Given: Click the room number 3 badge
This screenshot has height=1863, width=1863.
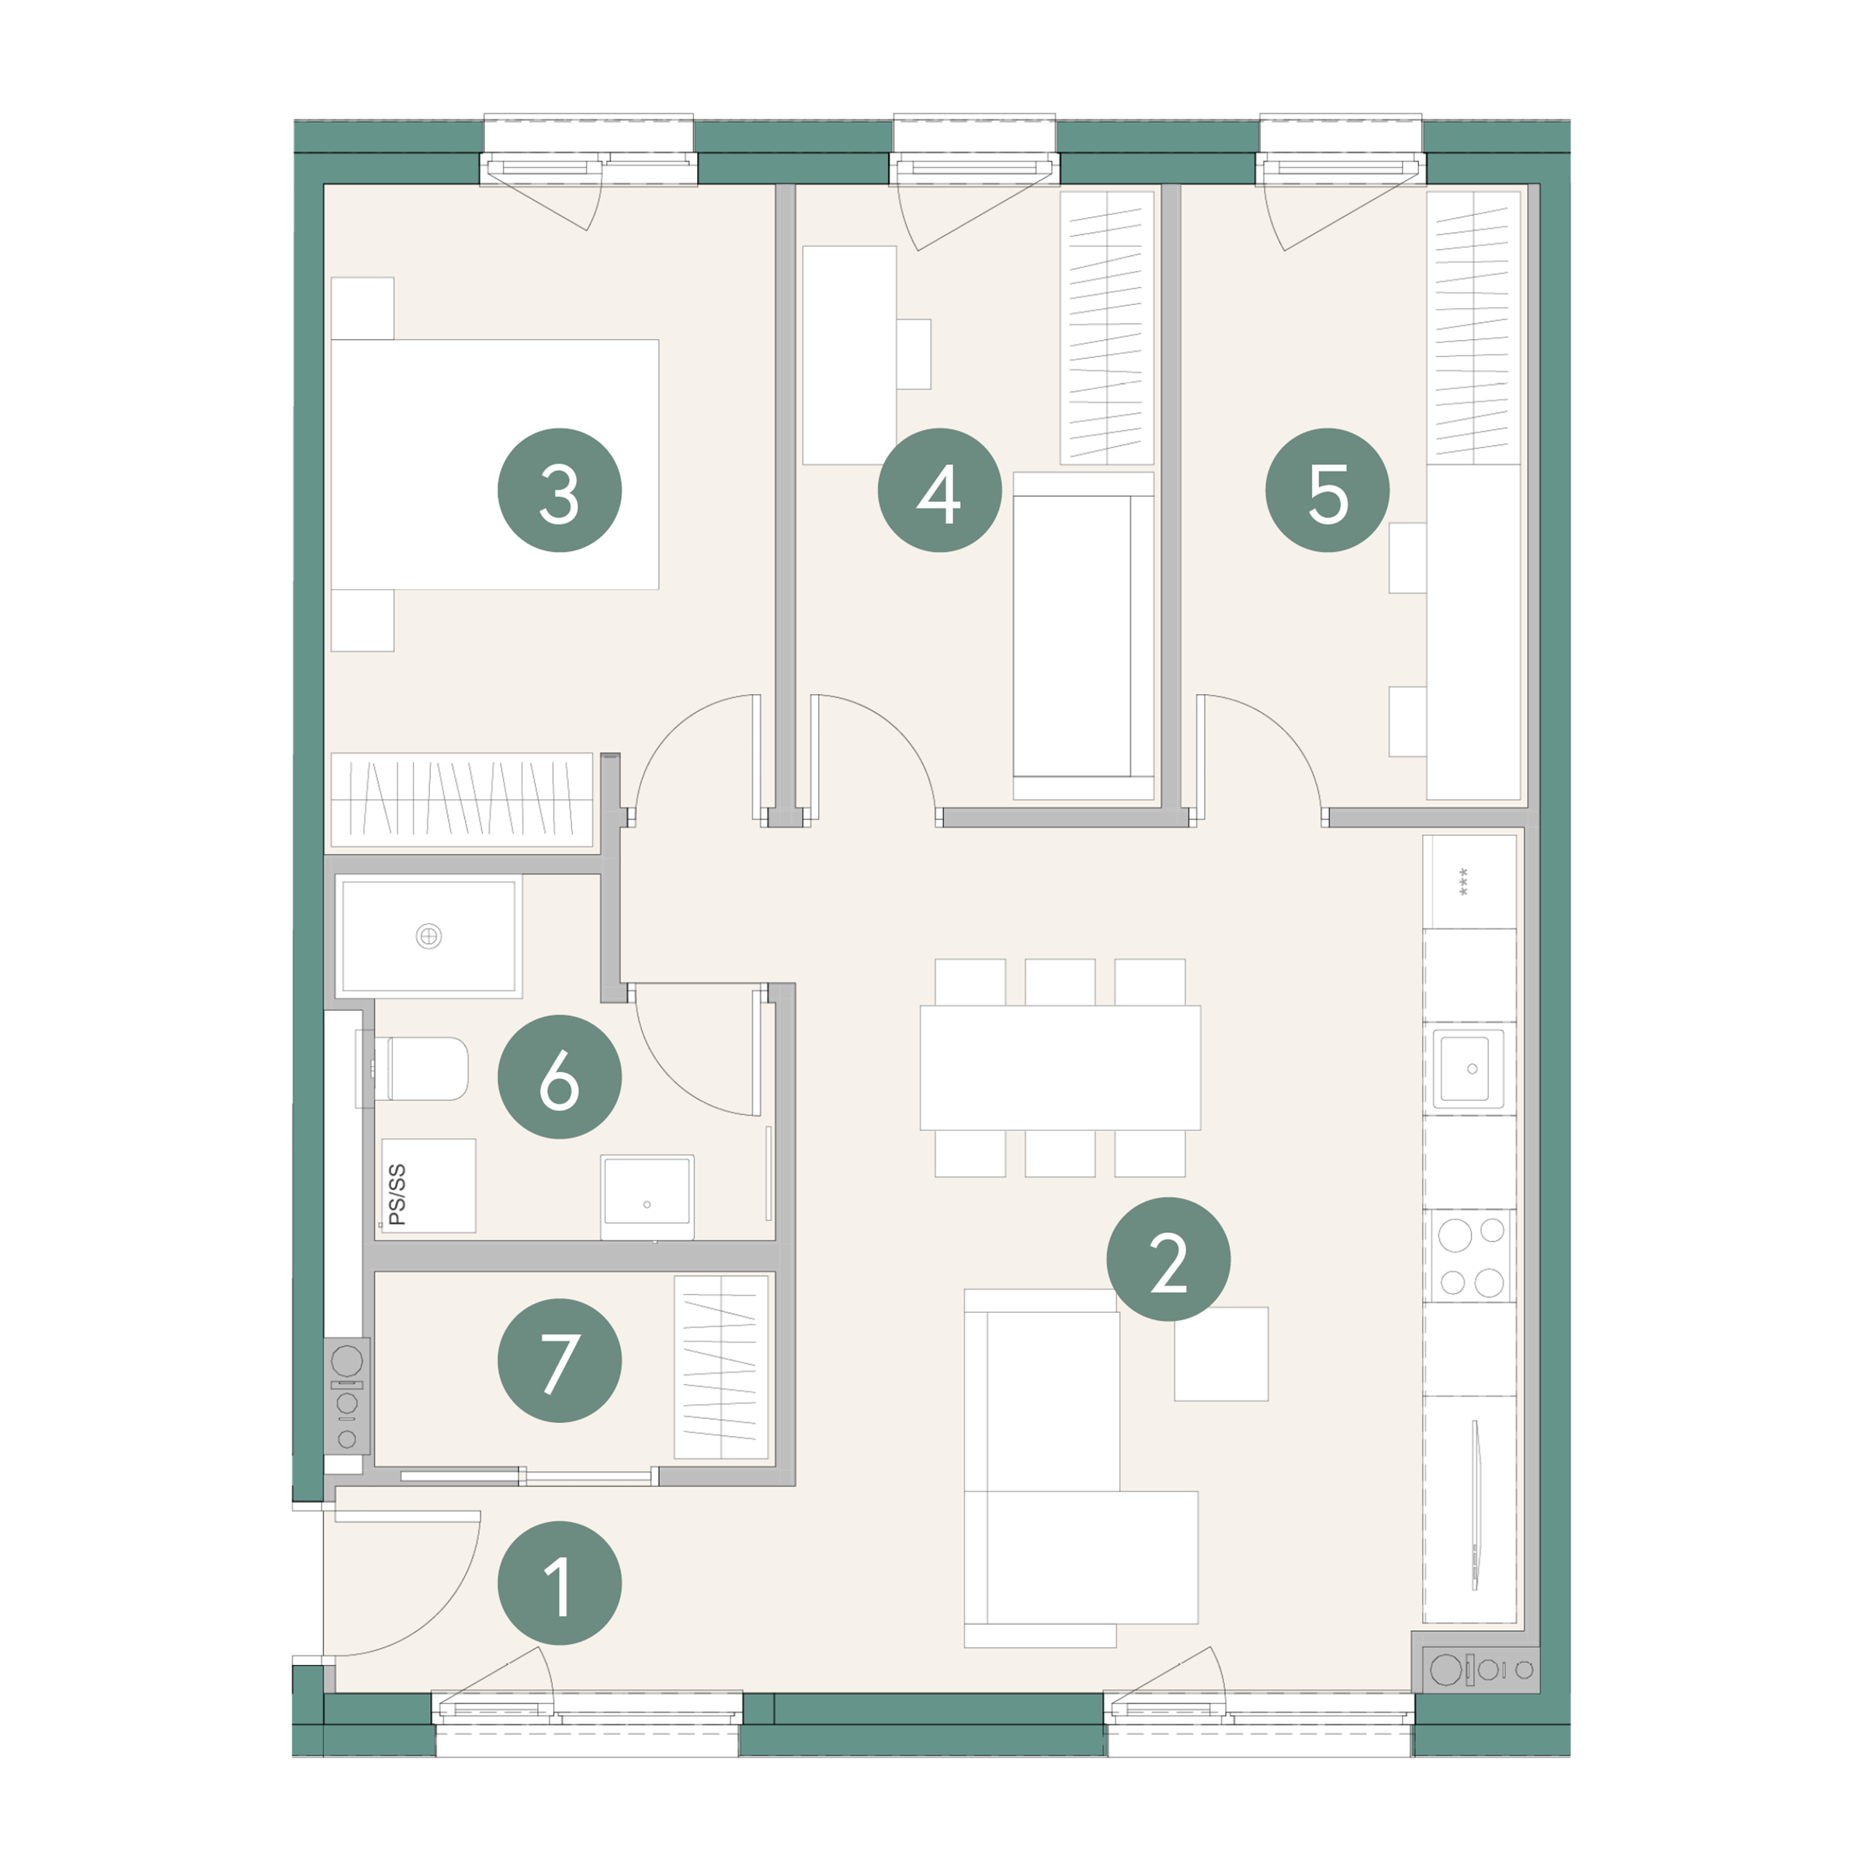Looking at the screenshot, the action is click(559, 490).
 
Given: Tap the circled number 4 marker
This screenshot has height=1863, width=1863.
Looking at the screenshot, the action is click(939, 490).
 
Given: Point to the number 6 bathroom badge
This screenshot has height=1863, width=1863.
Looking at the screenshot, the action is click(559, 1076).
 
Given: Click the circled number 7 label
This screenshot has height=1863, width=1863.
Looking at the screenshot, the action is click(559, 1361).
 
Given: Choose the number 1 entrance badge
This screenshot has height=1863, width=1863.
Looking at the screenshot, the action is click(559, 1583).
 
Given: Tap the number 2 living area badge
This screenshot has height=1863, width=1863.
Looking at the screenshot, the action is click(1167, 1258).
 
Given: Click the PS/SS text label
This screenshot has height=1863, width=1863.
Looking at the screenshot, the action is click(397, 1195).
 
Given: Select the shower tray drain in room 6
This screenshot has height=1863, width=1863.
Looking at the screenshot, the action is click(429, 935).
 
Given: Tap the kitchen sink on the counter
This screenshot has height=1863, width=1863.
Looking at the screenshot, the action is click(1469, 1068).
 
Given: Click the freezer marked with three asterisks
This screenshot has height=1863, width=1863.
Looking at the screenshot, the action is click(1469, 881).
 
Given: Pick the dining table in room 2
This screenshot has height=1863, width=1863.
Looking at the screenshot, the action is click(1060, 1067).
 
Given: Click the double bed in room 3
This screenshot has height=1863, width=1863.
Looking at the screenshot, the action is click(494, 464).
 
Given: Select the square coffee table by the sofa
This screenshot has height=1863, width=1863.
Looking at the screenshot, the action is click(1221, 1354).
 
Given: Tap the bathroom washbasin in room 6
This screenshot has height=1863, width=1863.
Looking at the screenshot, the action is click(647, 1197).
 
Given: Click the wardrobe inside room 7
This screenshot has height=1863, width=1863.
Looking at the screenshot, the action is click(720, 1366).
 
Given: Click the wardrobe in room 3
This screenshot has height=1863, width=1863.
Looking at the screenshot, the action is click(462, 800).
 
